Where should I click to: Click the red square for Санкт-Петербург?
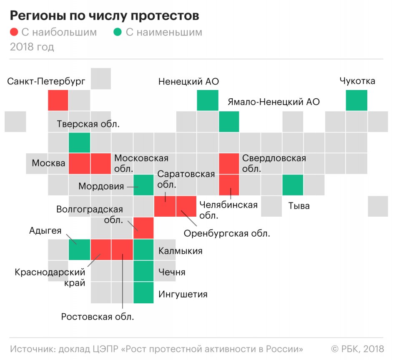[58, 100]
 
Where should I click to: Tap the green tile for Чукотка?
[356, 100]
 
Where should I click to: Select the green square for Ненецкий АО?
[208, 100]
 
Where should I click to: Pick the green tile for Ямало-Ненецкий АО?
[229, 121]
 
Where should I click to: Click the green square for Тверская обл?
[79, 142]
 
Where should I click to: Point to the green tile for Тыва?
[293, 185]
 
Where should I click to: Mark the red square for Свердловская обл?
[229, 164]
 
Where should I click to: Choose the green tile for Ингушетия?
[143, 292]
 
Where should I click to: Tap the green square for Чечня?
[143, 271]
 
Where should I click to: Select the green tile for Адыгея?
[79, 250]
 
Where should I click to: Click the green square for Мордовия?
[143, 185]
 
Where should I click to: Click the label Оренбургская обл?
[227, 233]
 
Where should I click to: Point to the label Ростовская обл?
[98, 317]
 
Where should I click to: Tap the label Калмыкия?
[180, 251]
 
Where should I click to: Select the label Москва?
[48, 163]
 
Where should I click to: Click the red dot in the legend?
[14, 32]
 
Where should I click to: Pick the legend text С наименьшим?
[164, 32]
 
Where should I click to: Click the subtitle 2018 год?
[32, 47]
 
